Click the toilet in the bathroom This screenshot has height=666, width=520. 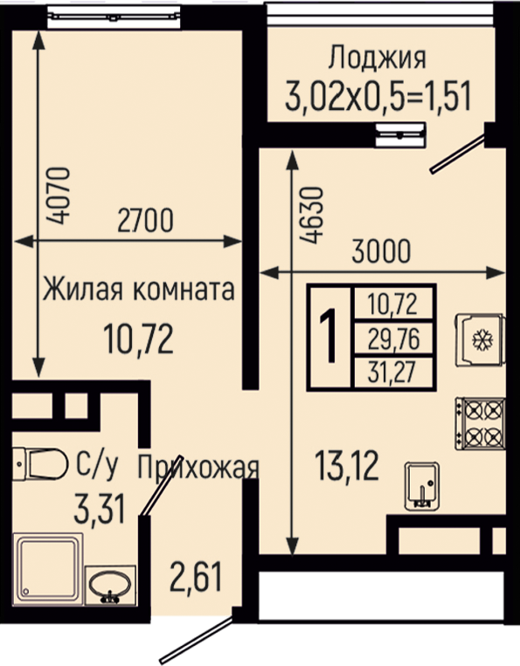(40, 463)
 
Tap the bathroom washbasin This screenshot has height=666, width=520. (110, 585)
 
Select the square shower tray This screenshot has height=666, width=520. (48, 569)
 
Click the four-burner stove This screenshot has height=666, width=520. (480, 423)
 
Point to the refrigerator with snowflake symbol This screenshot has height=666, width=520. (481, 340)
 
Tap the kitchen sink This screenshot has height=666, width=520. (422, 486)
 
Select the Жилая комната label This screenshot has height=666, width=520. (139, 289)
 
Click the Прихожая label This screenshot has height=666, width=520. (198, 467)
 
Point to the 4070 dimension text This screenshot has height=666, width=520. (59, 196)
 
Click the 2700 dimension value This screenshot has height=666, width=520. (145, 220)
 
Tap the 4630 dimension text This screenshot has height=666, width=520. (313, 215)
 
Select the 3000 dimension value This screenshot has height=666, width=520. (381, 251)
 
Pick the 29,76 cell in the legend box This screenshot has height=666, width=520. (394, 339)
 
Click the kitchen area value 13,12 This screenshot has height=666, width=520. (347, 466)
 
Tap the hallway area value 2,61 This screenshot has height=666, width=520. (196, 576)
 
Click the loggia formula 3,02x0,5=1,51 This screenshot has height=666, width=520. (378, 96)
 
